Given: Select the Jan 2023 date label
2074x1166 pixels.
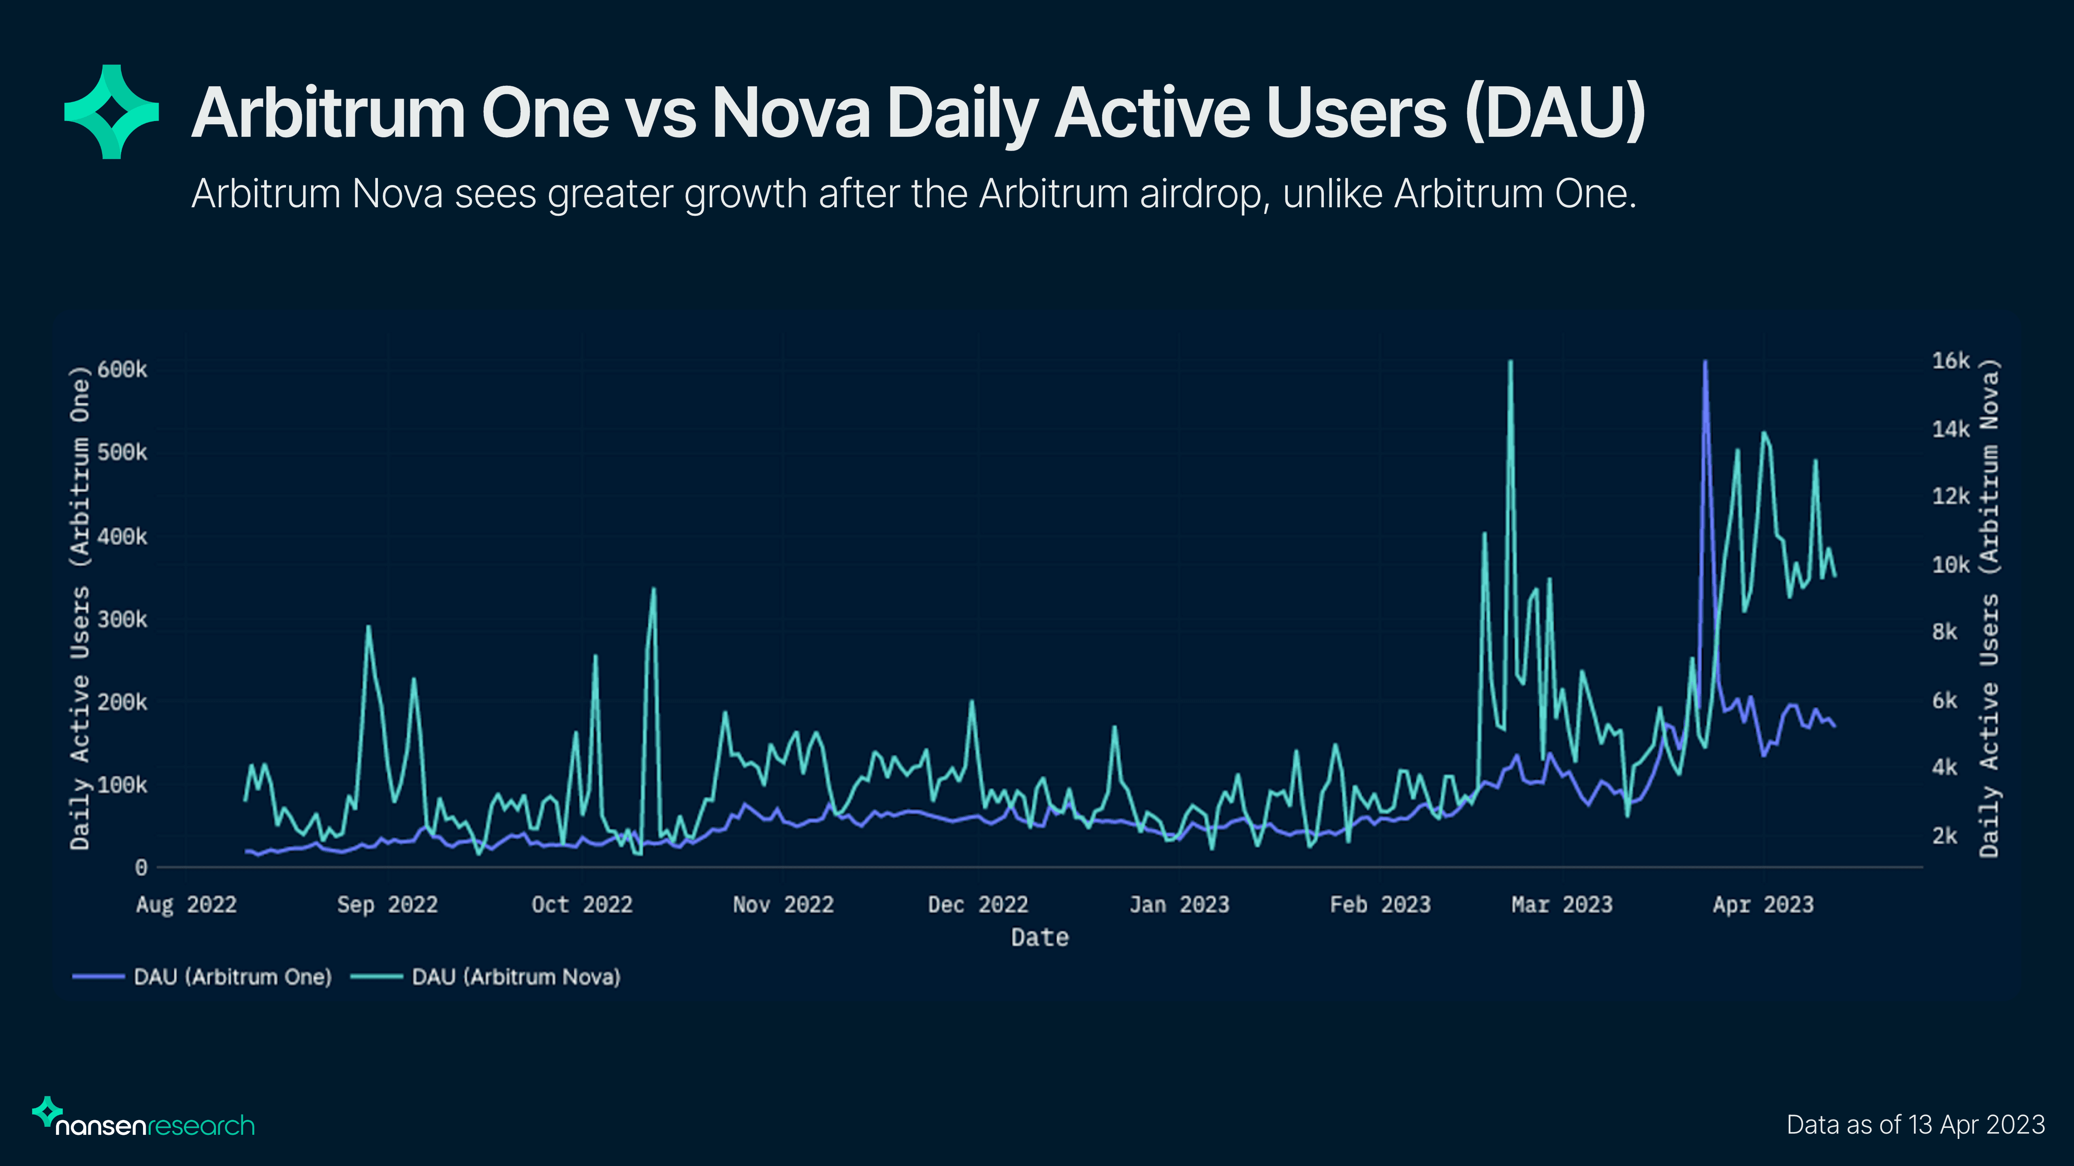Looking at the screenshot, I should coord(1179,904).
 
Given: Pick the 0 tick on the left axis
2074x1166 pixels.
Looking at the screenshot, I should coord(141,868).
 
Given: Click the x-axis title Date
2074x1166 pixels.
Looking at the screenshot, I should coord(1039,938).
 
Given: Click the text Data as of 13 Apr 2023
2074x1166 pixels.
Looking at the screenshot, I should coord(1915,1124).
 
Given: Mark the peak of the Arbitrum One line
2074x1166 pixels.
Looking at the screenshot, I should coord(1705,362).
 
